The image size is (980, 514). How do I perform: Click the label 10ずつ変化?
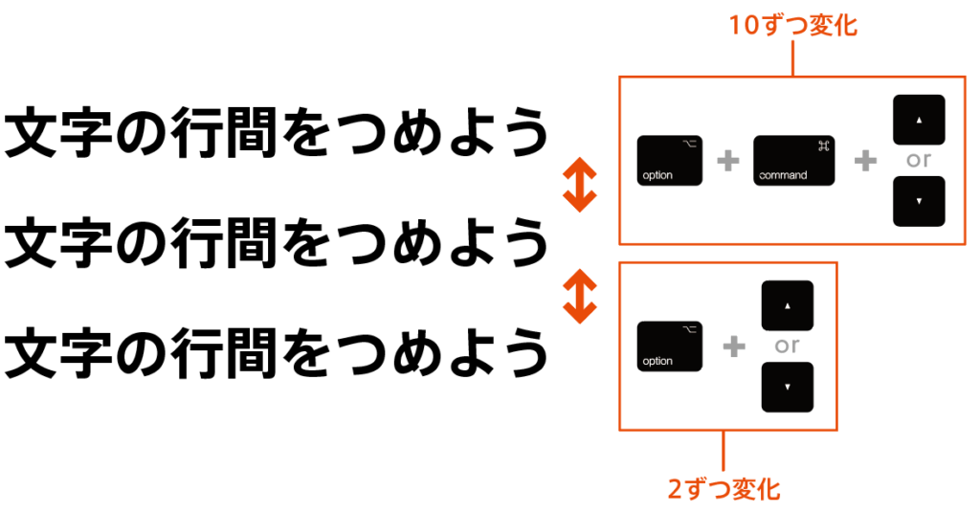[x=793, y=26]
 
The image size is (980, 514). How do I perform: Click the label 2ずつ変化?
[x=724, y=490]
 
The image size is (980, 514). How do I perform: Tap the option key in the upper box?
[x=670, y=161]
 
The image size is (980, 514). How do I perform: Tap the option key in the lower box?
[x=670, y=346]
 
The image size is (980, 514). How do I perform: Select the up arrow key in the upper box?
[x=919, y=120]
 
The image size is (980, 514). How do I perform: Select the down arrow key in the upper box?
[x=919, y=201]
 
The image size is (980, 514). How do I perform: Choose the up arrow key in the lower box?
[x=787, y=305]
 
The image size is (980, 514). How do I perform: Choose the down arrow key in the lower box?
[x=787, y=387]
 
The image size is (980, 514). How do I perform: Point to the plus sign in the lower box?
[x=734, y=346]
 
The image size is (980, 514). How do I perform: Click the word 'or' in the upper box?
[x=919, y=161]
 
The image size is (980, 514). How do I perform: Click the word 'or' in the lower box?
[x=787, y=346]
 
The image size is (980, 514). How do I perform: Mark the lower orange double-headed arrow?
[x=579, y=296]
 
